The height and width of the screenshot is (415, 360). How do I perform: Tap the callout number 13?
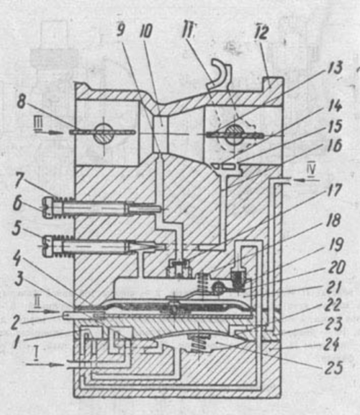click(334, 68)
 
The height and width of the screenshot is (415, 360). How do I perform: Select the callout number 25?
click(334, 367)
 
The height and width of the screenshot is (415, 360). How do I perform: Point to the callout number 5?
click(17, 228)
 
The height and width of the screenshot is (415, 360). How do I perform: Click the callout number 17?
click(335, 191)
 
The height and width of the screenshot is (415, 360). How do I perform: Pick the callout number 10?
click(145, 31)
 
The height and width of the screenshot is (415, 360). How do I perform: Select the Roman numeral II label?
click(37, 303)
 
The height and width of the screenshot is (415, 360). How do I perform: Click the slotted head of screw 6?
click(49, 207)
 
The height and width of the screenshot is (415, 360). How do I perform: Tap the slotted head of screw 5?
click(50, 246)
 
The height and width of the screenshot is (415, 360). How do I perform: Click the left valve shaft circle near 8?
click(104, 133)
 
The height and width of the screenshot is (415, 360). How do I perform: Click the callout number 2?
click(15, 323)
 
